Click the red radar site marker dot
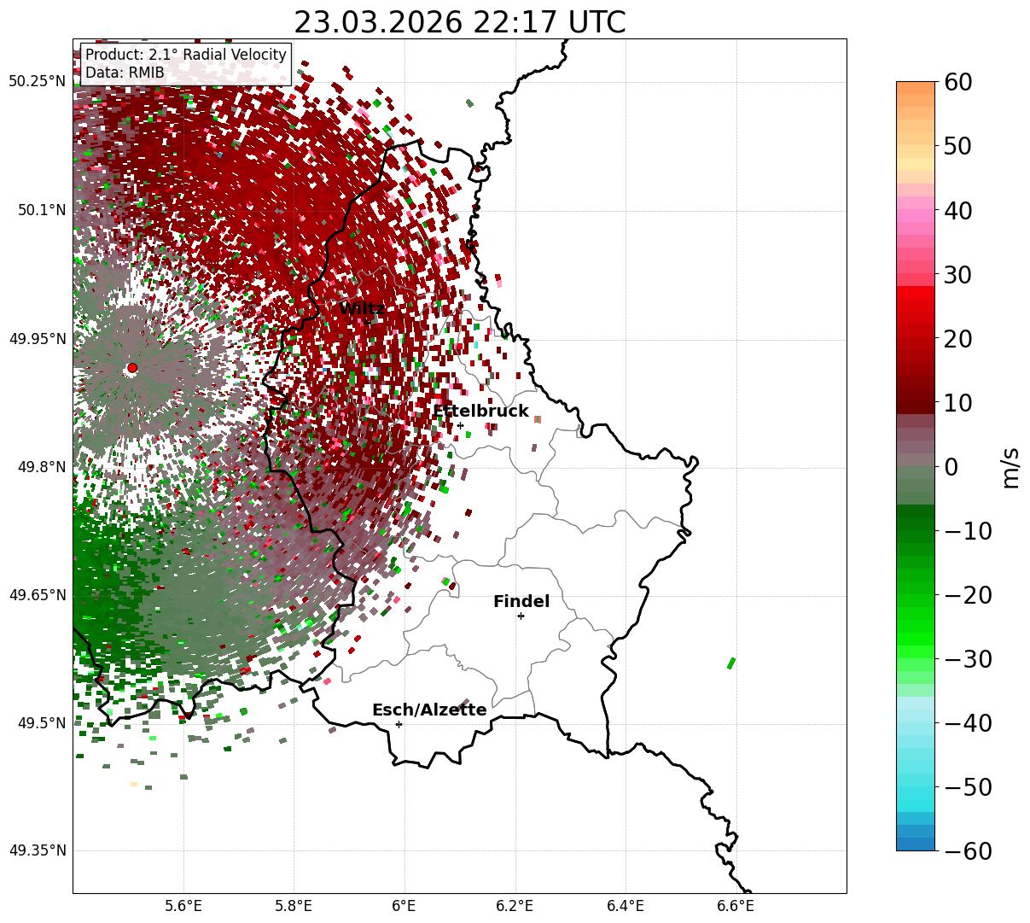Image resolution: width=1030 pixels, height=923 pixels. (131, 368)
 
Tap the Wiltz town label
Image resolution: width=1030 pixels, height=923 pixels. (362, 308)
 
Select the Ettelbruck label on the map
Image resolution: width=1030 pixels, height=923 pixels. (480, 412)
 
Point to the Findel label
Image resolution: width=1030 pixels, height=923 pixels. (521, 602)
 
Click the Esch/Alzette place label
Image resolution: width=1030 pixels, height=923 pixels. (429, 710)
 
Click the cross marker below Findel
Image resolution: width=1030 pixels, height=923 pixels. (521, 616)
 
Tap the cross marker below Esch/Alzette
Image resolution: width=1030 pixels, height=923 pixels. (399, 724)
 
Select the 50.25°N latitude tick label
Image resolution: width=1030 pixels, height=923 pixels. (37, 82)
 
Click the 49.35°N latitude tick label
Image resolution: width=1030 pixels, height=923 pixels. (37, 850)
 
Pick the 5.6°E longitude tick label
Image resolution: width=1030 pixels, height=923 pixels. (183, 905)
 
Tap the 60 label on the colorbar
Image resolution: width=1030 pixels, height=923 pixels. (957, 82)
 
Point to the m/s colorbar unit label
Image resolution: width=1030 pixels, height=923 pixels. (1011, 467)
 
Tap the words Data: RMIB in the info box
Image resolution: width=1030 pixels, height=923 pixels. (125, 73)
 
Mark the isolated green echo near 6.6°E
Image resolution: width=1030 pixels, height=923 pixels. (730, 663)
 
